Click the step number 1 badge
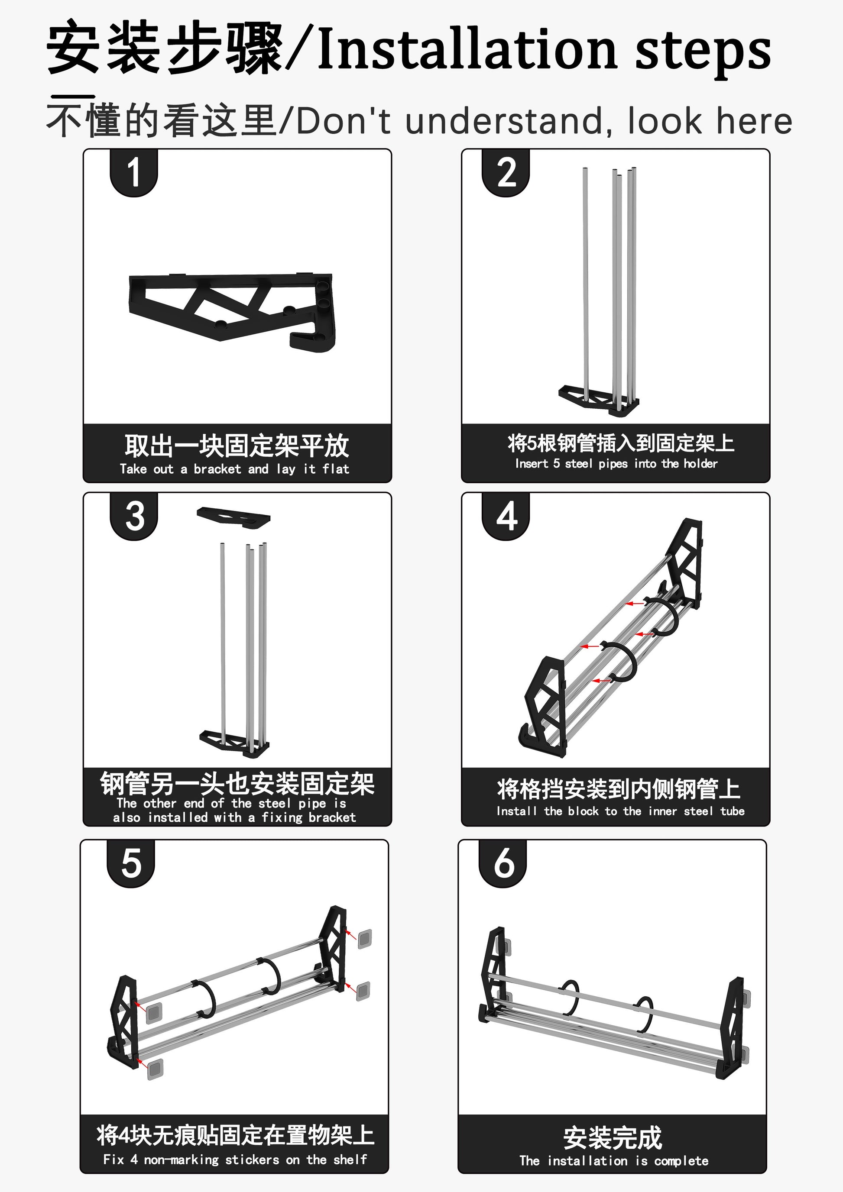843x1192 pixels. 133,172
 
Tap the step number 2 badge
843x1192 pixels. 506,172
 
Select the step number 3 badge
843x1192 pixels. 134,516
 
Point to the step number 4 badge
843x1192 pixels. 506,516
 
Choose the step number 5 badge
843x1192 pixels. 131,863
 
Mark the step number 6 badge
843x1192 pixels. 503,863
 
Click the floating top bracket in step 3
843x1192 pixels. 234,517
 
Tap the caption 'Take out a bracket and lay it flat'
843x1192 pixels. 234,469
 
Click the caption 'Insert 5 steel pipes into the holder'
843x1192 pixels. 616,464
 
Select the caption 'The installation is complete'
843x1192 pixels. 613,1161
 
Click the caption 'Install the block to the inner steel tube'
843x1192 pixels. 620,811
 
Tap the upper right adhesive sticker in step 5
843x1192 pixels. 365,939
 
